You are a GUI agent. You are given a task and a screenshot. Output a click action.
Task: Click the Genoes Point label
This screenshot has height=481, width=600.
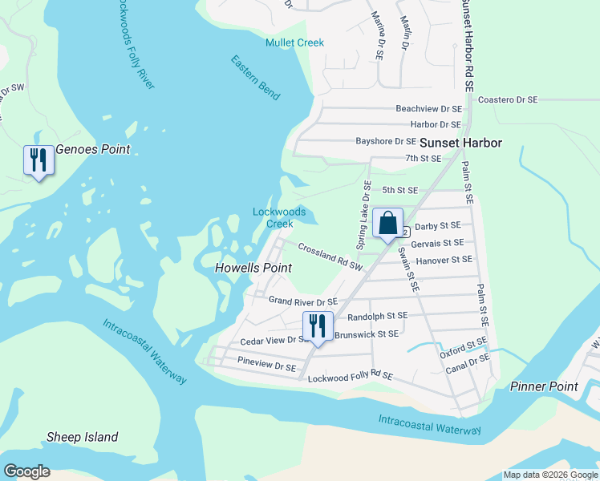[x=92, y=149]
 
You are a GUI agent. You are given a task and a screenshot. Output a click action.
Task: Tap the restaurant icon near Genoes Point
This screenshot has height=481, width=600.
[x=38, y=160]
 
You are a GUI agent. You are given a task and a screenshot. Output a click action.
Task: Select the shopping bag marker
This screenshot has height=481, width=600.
[x=387, y=223]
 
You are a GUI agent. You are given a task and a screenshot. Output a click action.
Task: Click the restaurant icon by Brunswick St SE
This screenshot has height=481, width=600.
[x=317, y=325]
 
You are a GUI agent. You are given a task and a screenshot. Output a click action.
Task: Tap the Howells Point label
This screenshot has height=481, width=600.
[x=253, y=268]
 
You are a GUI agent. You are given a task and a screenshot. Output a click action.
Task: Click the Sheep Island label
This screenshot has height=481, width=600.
[x=82, y=437]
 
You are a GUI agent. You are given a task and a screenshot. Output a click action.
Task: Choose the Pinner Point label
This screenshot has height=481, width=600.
[x=544, y=386]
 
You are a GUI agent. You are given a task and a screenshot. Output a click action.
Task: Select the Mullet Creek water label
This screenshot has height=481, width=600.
[x=295, y=42]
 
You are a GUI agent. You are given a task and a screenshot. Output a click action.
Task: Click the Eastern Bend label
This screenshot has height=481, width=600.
[x=255, y=77]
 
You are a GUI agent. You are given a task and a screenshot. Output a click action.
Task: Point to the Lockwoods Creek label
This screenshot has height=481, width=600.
[x=279, y=217]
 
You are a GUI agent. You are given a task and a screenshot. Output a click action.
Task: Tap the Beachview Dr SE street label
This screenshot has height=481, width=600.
[x=428, y=108]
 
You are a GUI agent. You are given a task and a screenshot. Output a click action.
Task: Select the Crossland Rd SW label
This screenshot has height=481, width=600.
[x=330, y=256]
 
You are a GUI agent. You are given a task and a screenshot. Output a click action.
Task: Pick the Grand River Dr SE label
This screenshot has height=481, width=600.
[x=302, y=301]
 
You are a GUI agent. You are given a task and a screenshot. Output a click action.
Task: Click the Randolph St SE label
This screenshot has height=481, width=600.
[x=377, y=317]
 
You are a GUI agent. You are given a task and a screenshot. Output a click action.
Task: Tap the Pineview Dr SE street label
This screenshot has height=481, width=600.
[x=266, y=366]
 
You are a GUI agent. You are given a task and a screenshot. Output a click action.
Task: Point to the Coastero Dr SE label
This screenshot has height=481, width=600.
[x=507, y=100]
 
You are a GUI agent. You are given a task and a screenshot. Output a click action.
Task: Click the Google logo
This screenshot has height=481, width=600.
[x=26, y=471]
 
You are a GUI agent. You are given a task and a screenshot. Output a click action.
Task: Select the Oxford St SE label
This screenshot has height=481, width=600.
[x=464, y=348]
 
